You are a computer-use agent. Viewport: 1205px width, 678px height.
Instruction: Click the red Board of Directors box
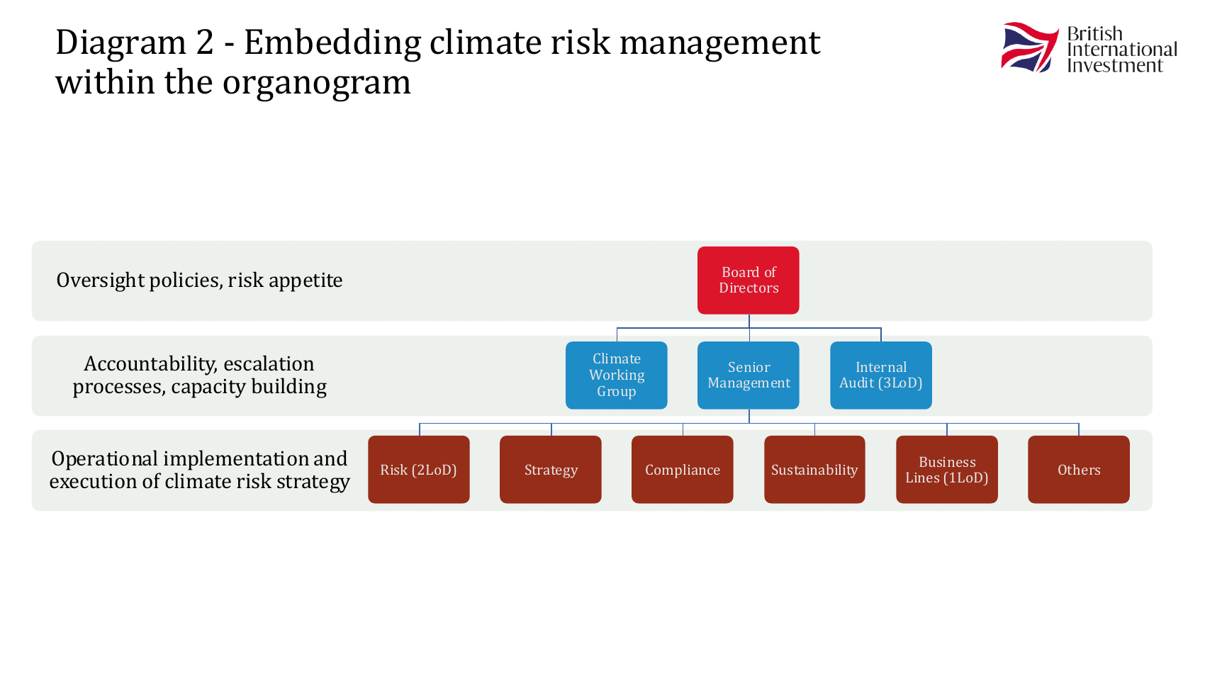click(749, 280)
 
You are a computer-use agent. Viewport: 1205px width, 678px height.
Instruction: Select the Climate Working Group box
click(617, 375)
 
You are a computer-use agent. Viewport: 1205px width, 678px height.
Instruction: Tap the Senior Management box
click(749, 375)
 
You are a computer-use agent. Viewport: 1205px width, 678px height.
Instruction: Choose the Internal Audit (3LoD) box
click(880, 375)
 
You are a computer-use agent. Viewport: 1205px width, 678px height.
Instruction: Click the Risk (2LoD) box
click(418, 470)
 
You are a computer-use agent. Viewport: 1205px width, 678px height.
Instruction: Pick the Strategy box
click(550, 470)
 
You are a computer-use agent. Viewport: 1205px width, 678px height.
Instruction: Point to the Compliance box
click(682, 470)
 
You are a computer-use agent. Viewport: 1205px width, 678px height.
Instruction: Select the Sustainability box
click(814, 470)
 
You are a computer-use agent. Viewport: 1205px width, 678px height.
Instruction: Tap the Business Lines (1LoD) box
click(947, 470)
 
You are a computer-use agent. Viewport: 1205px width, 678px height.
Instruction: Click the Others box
click(1079, 470)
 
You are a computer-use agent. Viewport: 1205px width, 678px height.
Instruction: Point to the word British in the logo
click(1094, 34)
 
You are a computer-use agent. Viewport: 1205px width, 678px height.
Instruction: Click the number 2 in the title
click(204, 43)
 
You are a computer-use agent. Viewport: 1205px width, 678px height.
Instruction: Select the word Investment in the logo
click(1115, 66)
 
